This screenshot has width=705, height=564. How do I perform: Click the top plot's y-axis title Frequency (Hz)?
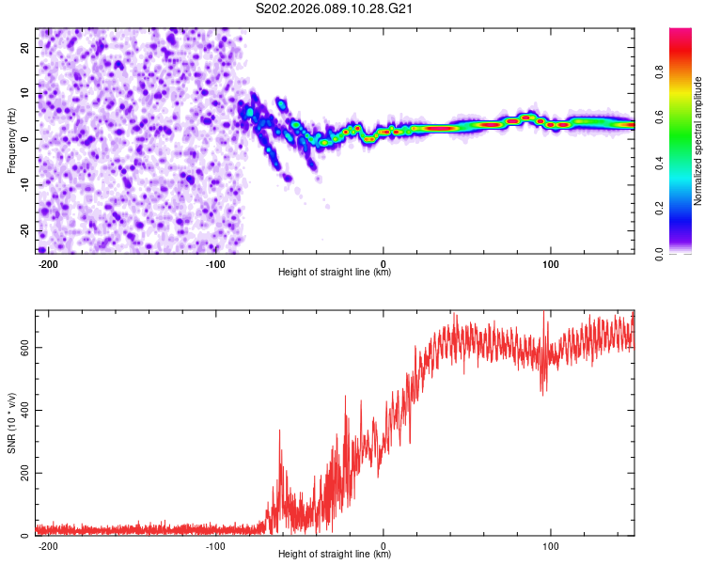click(x=11, y=140)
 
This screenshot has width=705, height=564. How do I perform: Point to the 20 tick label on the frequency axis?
click(x=26, y=47)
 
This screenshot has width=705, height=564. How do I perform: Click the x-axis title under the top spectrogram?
click(x=335, y=273)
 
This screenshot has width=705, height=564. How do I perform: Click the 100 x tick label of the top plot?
click(x=551, y=262)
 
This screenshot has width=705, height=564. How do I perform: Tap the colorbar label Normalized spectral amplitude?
click(x=698, y=140)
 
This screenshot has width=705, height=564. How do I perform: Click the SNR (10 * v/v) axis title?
click(x=11, y=422)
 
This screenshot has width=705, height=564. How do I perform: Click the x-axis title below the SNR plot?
click(x=335, y=555)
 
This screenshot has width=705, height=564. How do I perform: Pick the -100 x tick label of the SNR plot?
click(x=215, y=544)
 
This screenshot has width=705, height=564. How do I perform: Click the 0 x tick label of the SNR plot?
click(x=384, y=544)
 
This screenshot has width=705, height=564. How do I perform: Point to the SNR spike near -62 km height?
click(x=279, y=432)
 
